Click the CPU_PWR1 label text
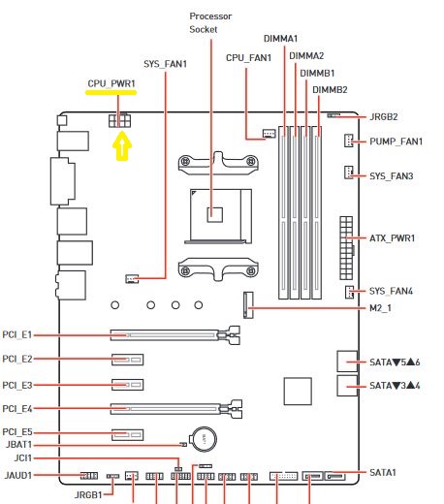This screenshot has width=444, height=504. (111, 83)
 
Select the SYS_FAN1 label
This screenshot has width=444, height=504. (165, 64)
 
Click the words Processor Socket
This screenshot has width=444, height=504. (210, 22)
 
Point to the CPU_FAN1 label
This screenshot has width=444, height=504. (248, 58)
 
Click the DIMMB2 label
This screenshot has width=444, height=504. (330, 90)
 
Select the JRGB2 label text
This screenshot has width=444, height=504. (384, 117)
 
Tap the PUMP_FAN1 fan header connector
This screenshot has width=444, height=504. (348, 141)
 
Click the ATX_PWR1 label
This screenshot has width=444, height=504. (392, 238)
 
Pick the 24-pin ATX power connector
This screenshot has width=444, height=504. (346, 248)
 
